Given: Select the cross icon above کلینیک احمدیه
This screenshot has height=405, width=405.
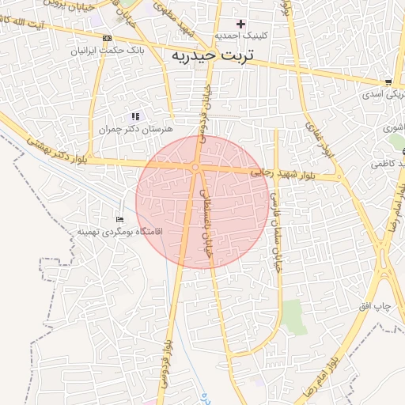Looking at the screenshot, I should pos(240,24).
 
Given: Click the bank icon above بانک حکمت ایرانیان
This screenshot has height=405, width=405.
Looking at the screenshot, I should pos(108,38).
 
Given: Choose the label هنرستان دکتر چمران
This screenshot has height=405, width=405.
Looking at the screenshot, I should pos(137,128).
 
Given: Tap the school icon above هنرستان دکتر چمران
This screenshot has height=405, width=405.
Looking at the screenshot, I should pos(135,116).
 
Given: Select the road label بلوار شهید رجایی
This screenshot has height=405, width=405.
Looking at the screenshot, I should pos(282,171).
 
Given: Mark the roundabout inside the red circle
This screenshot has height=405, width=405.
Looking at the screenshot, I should pos(195,167).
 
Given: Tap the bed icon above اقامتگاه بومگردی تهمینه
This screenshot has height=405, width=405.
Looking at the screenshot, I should pos(119,219).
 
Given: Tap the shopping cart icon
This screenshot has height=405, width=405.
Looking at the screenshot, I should pos(388,81).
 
